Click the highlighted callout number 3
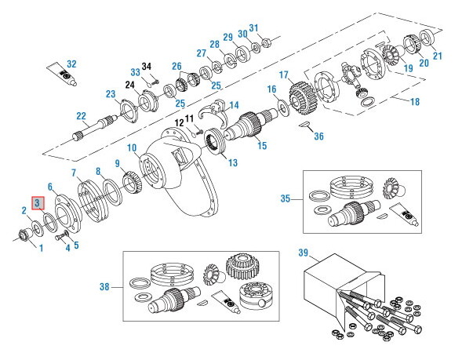[x=37, y=203]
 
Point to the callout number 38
[x=104, y=287]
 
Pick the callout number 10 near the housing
[x=132, y=147]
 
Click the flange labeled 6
[x=62, y=210]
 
